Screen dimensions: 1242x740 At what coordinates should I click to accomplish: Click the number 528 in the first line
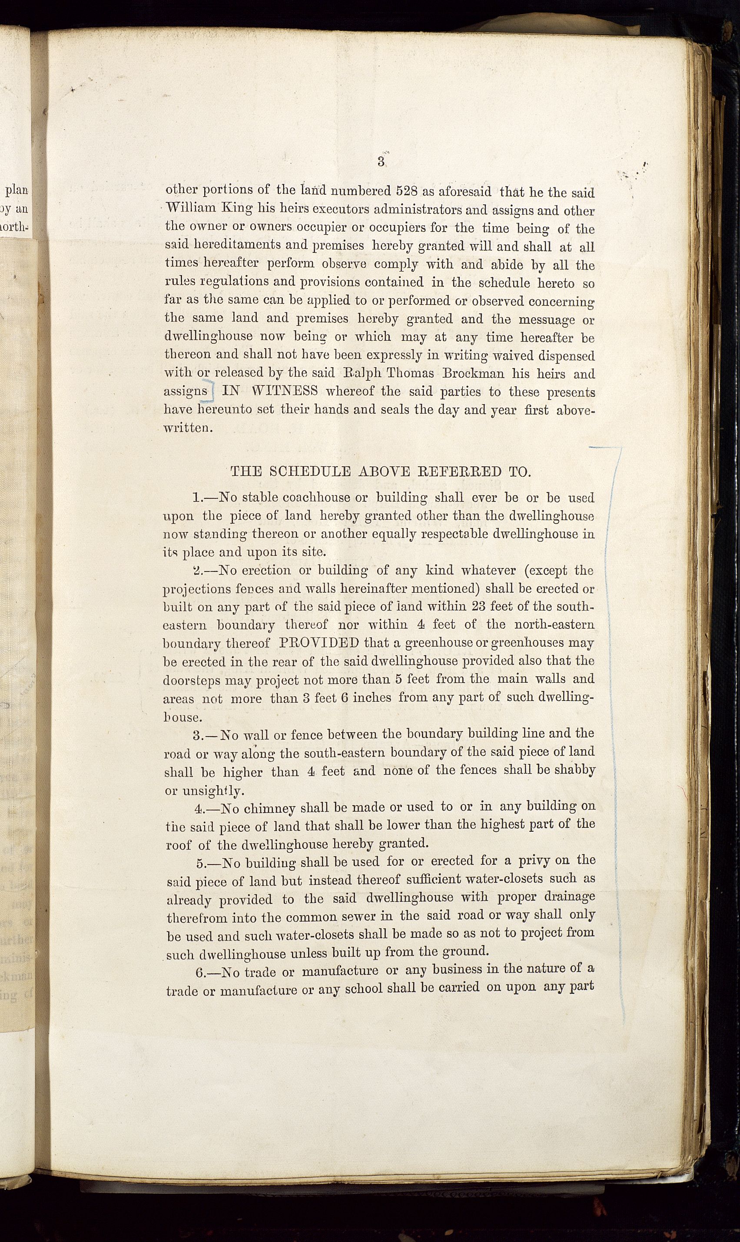(407, 191)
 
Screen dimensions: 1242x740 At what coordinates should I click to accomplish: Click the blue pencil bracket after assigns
(209, 392)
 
